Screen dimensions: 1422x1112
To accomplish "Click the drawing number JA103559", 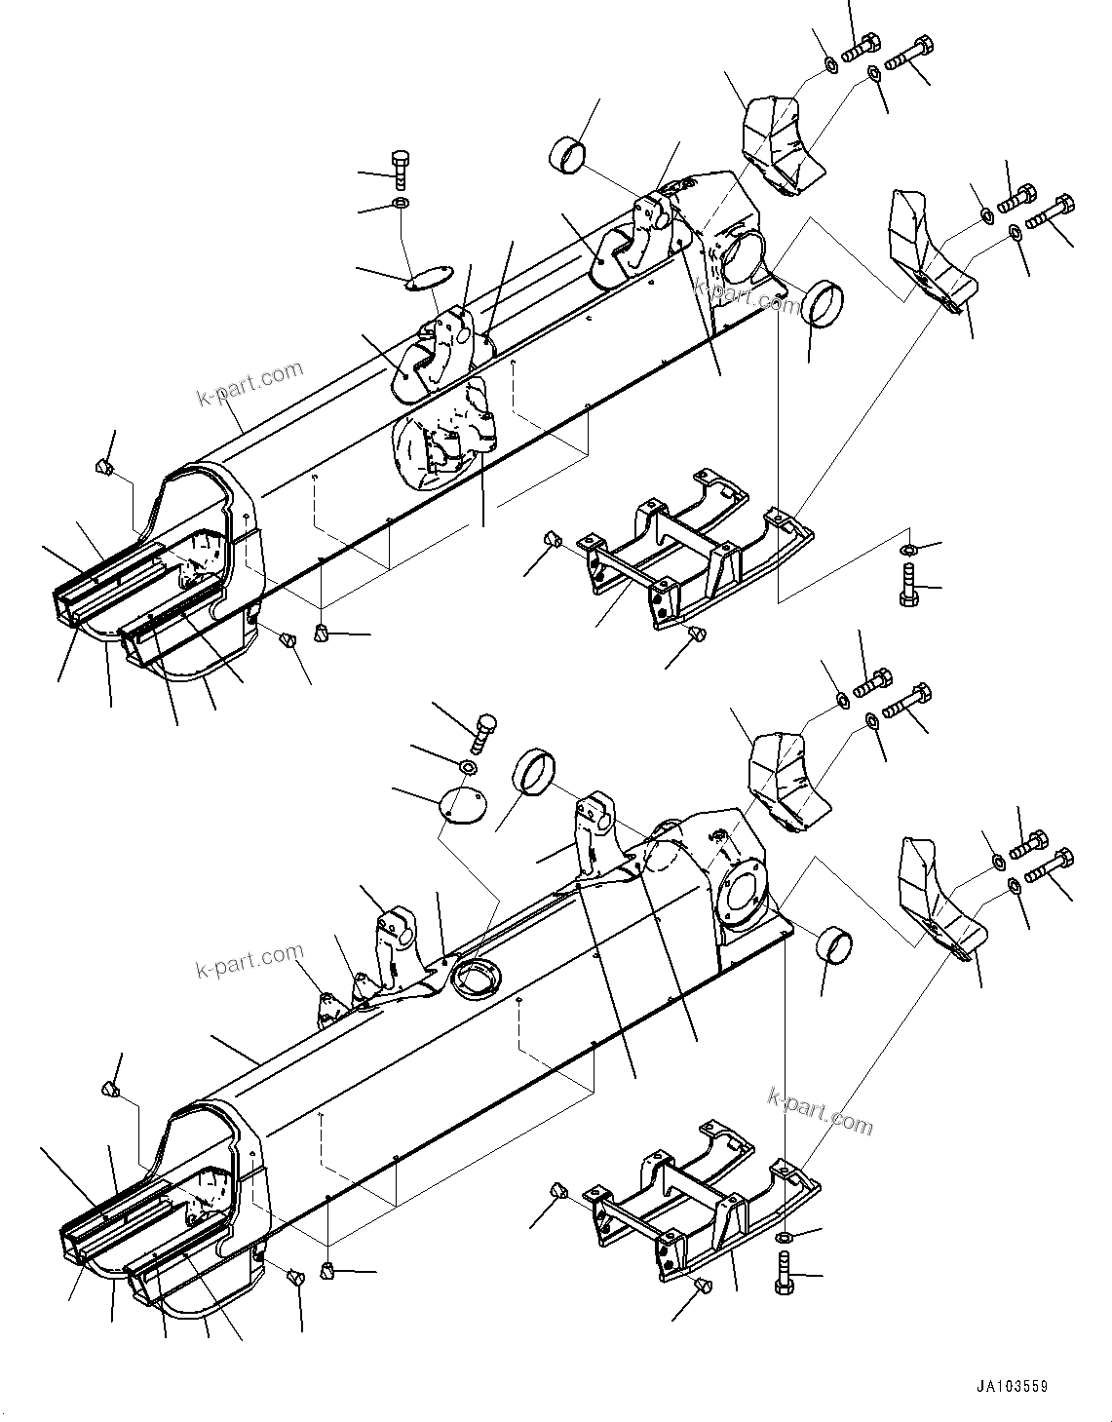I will click(1015, 1386).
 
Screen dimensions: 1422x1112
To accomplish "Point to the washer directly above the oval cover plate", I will click(401, 204).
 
